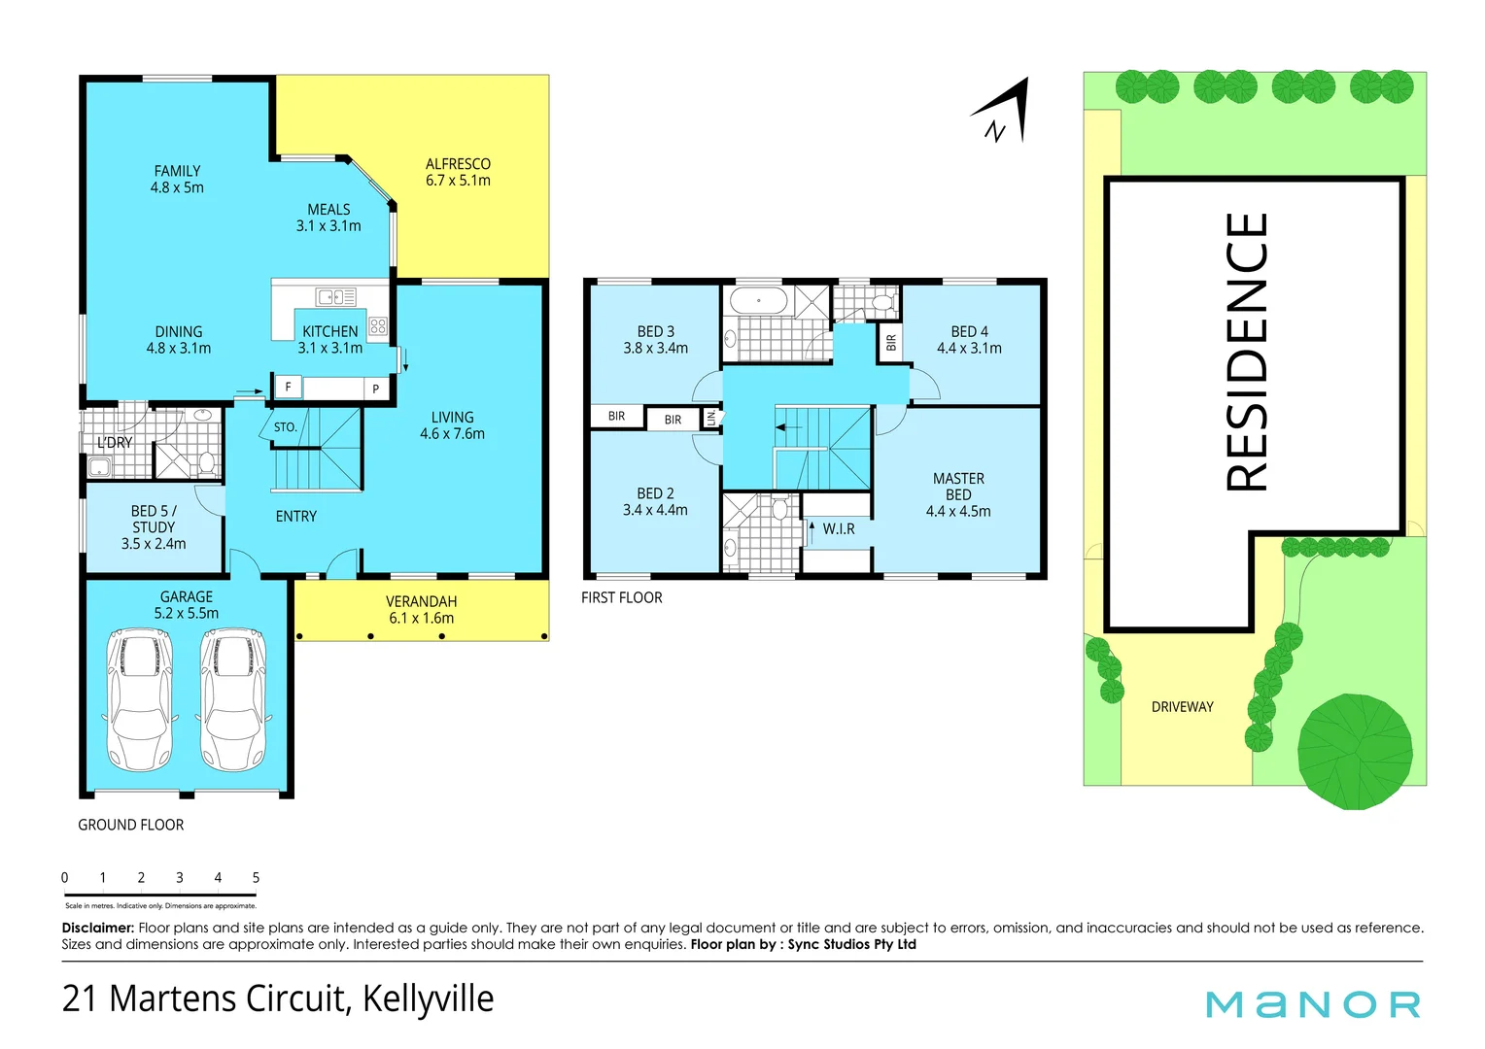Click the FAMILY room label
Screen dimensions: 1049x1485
pyautogui.click(x=177, y=179)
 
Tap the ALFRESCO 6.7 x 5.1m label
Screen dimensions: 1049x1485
pyautogui.click(x=458, y=172)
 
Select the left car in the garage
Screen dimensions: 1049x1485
pyautogui.click(x=140, y=699)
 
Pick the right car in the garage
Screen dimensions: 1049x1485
pyautogui.click(x=233, y=699)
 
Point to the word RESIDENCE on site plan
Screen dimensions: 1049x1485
pyautogui.click(x=1247, y=352)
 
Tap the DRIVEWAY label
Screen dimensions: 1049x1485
pyautogui.click(x=1182, y=707)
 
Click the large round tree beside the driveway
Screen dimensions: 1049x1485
pyautogui.click(x=1355, y=751)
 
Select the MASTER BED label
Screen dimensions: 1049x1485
pyautogui.click(x=958, y=494)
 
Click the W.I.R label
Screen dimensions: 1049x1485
pyautogui.click(x=839, y=529)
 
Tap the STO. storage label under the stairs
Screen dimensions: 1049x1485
pyautogui.click(x=285, y=427)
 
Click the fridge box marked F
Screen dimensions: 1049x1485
pyautogui.click(x=288, y=387)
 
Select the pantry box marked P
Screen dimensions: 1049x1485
pyautogui.click(x=376, y=389)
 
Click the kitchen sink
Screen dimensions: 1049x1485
pyautogui.click(x=336, y=297)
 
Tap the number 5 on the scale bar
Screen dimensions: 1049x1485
pyautogui.click(x=256, y=878)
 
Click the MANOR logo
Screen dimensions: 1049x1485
pyautogui.click(x=1312, y=1004)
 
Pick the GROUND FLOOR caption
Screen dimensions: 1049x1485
pyautogui.click(x=131, y=825)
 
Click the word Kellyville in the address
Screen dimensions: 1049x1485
pyautogui.click(x=428, y=998)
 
